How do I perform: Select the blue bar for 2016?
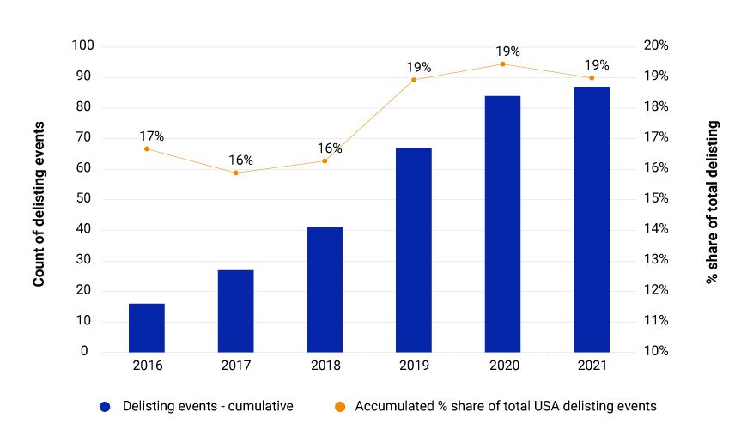[x=146, y=328]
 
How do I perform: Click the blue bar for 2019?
[x=414, y=250]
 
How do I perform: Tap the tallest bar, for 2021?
[x=592, y=219]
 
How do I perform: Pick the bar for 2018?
[x=325, y=289]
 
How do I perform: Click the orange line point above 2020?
[x=502, y=64]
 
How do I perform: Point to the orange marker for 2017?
[x=235, y=173]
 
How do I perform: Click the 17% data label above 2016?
[x=151, y=136]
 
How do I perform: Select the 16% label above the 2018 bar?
[x=330, y=148]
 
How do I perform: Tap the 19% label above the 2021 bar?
[x=597, y=65]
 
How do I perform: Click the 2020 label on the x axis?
[x=502, y=365]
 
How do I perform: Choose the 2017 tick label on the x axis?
[x=235, y=365]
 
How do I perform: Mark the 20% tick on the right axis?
[x=656, y=46]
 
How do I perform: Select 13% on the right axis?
[x=656, y=260]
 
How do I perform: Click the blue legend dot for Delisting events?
[x=105, y=407]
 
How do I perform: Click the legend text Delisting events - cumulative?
[x=208, y=407]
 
